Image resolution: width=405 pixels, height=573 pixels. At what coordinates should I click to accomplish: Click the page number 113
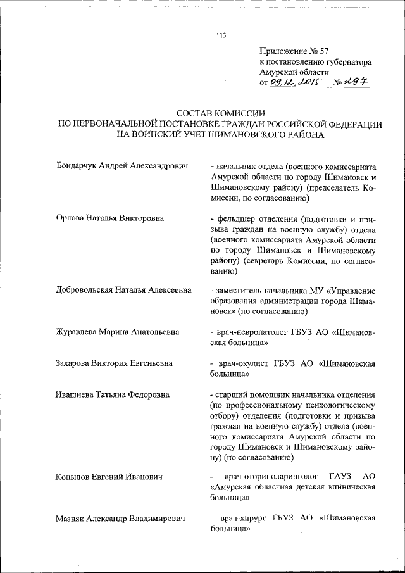[x=221, y=35]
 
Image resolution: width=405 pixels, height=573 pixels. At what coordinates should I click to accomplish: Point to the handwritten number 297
[x=358, y=82]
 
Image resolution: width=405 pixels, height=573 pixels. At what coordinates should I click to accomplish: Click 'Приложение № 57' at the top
[x=294, y=51]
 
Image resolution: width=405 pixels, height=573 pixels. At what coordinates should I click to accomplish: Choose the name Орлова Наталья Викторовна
[x=110, y=218]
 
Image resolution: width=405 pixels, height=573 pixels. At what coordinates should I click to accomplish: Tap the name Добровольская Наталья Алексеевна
[x=124, y=290]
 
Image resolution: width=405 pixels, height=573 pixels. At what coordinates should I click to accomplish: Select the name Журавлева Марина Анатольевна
[x=117, y=331]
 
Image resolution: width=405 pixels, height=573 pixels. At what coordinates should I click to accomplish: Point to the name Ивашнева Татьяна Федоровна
[x=112, y=394]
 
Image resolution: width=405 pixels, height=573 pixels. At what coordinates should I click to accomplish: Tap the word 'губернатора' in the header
[x=348, y=62]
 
